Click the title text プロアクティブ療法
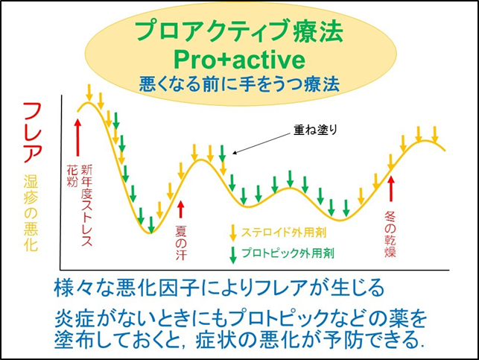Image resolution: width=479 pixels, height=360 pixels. (239, 31)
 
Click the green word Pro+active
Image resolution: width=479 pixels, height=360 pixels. (240, 59)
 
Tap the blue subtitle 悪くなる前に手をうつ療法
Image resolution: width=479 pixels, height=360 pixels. (239, 84)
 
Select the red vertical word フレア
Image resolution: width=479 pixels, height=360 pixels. (33, 133)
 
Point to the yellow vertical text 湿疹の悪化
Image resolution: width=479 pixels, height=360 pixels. (31, 213)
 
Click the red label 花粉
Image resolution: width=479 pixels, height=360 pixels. (72, 175)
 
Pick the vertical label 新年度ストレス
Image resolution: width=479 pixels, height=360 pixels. (86, 206)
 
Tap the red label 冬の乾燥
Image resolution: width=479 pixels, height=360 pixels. (390, 234)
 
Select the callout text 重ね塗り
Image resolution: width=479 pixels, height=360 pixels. (316, 130)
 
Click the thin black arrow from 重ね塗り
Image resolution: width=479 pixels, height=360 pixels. (261, 143)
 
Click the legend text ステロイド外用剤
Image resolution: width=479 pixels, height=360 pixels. (284, 233)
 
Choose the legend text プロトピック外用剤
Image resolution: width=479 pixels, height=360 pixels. (288, 253)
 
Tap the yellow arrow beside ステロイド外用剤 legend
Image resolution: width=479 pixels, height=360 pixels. (233, 233)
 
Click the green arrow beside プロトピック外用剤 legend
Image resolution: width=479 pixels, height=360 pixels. (233, 255)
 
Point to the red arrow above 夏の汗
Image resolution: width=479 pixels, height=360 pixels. (181, 209)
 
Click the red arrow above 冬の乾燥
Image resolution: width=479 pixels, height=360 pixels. (390, 189)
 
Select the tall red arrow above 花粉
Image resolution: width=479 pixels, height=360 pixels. (78, 137)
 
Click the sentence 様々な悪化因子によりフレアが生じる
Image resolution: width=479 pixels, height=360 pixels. (219, 288)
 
